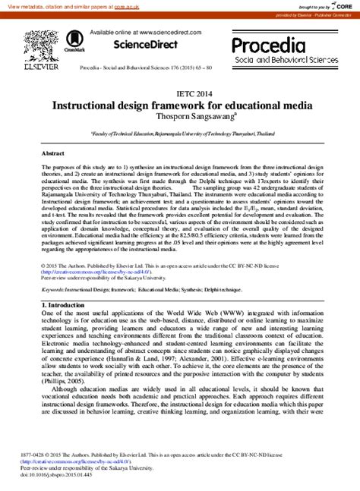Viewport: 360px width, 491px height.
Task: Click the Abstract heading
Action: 53,153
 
